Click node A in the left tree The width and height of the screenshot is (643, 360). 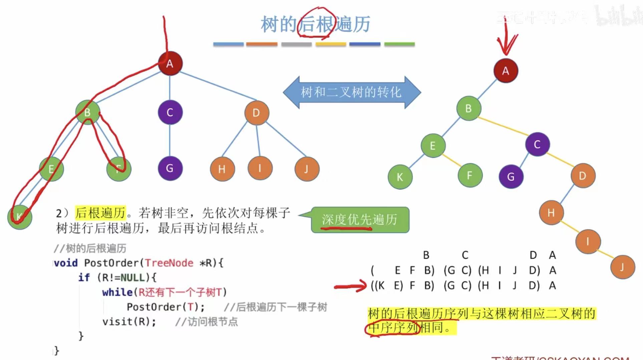(170, 63)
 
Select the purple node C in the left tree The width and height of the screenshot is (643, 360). (170, 112)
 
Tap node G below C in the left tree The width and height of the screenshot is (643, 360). (170, 168)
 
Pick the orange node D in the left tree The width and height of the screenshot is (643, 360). (256, 113)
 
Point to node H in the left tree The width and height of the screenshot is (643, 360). (222, 169)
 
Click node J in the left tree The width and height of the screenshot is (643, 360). (307, 169)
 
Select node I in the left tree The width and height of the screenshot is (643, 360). (260, 168)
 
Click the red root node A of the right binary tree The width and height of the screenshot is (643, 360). (506, 71)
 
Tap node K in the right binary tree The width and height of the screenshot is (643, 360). (400, 177)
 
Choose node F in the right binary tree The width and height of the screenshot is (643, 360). (469, 175)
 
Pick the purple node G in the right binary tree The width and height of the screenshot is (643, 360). (511, 176)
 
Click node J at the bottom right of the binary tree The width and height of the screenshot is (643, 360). (622, 267)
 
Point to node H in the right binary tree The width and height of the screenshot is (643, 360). (551, 213)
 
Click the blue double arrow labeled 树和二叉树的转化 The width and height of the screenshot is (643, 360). (351, 92)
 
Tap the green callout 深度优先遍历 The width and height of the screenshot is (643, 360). (360, 220)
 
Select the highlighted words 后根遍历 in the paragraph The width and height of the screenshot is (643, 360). (100, 213)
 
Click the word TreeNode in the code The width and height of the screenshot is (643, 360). (169, 263)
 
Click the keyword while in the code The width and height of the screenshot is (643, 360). (117, 292)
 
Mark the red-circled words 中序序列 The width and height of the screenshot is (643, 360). (392, 328)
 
